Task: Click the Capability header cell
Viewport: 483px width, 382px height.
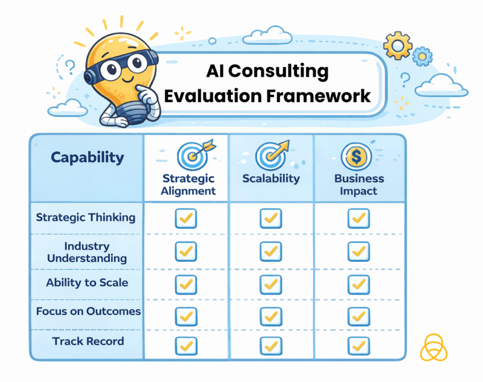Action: point(87,158)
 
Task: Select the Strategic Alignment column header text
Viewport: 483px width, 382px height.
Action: point(188,185)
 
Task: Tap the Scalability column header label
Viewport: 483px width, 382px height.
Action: point(270,179)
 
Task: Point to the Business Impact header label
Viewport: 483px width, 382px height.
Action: point(359,185)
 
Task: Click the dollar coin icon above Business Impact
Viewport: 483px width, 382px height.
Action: point(356,158)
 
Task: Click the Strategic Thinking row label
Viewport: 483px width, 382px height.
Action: point(86,217)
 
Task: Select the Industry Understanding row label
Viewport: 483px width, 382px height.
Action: point(88,252)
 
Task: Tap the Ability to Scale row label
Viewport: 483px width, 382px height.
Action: point(87,282)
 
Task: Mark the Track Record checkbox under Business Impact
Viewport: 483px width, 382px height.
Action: point(359,345)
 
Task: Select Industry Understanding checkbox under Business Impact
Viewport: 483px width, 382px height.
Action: point(359,251)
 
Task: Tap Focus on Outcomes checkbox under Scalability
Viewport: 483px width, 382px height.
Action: point(270,316)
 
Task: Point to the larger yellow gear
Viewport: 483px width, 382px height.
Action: point(397,44)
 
